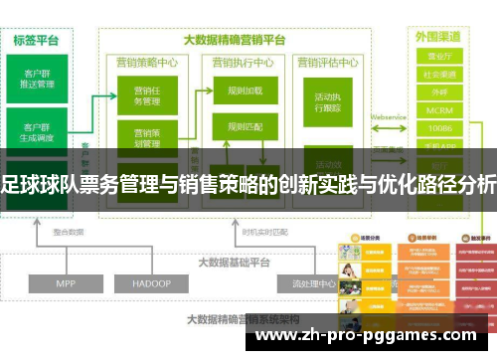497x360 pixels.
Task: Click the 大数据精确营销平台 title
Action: click(235, 40)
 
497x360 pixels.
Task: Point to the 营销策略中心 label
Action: click(146, 62)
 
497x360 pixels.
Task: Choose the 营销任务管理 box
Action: click(146, 95)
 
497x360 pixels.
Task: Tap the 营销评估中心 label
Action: click(328, 62)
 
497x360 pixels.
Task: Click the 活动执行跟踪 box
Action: click(328, 103)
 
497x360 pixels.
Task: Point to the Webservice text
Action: click(390, 116)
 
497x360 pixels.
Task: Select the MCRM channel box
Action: click(438, 111)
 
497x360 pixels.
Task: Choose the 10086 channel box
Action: click(438, 128)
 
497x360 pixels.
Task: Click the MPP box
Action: click(66, 256)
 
